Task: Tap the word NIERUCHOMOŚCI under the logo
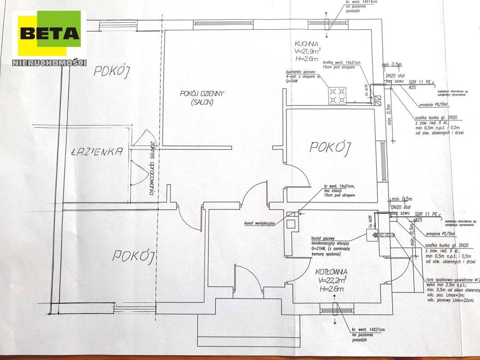tap(50, 63)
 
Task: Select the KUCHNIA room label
tap(308, 44)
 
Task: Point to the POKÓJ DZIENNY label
tap(202, 94)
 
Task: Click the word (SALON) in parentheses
tap(201, 102)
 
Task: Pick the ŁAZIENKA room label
tap(97, 152)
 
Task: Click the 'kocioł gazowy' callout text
tap(325, 238)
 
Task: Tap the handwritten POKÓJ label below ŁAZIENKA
tap(133, 256)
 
